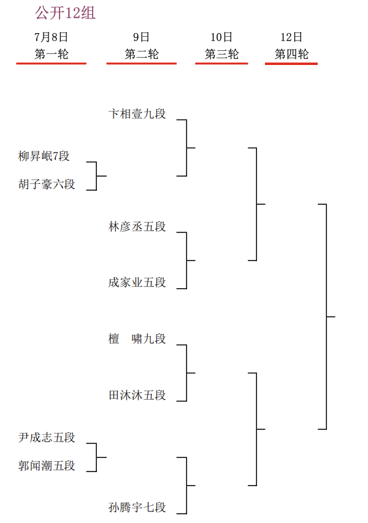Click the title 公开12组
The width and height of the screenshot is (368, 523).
pos(65,13)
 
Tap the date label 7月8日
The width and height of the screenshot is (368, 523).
pos(51,37)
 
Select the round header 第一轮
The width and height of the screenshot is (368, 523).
pos(51,54)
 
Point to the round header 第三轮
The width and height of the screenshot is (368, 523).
pos(221,54)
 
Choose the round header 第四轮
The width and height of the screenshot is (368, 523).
pos(291,54)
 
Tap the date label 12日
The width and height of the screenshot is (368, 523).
pos(291,37)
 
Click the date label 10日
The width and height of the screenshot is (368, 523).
pos(221,37)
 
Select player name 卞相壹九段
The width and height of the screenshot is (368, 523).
pos(137,114)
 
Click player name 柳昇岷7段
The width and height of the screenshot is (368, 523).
pos(44,156)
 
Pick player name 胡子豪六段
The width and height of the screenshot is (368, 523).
pos(47,185)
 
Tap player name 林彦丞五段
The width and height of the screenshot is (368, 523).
pos(137,227)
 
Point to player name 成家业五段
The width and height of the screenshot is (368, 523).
pos(137,283)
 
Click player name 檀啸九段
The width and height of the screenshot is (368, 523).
pos(137,339)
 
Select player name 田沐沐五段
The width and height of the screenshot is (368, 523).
pos(137,395)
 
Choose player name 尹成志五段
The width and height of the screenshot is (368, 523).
pos(47,438)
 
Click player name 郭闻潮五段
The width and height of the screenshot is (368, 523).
pos(47,466)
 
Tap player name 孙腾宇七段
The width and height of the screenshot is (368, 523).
pos(137,508)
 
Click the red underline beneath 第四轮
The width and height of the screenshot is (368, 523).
pos(291,63)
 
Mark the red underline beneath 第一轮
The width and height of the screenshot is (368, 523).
pos(51,63)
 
